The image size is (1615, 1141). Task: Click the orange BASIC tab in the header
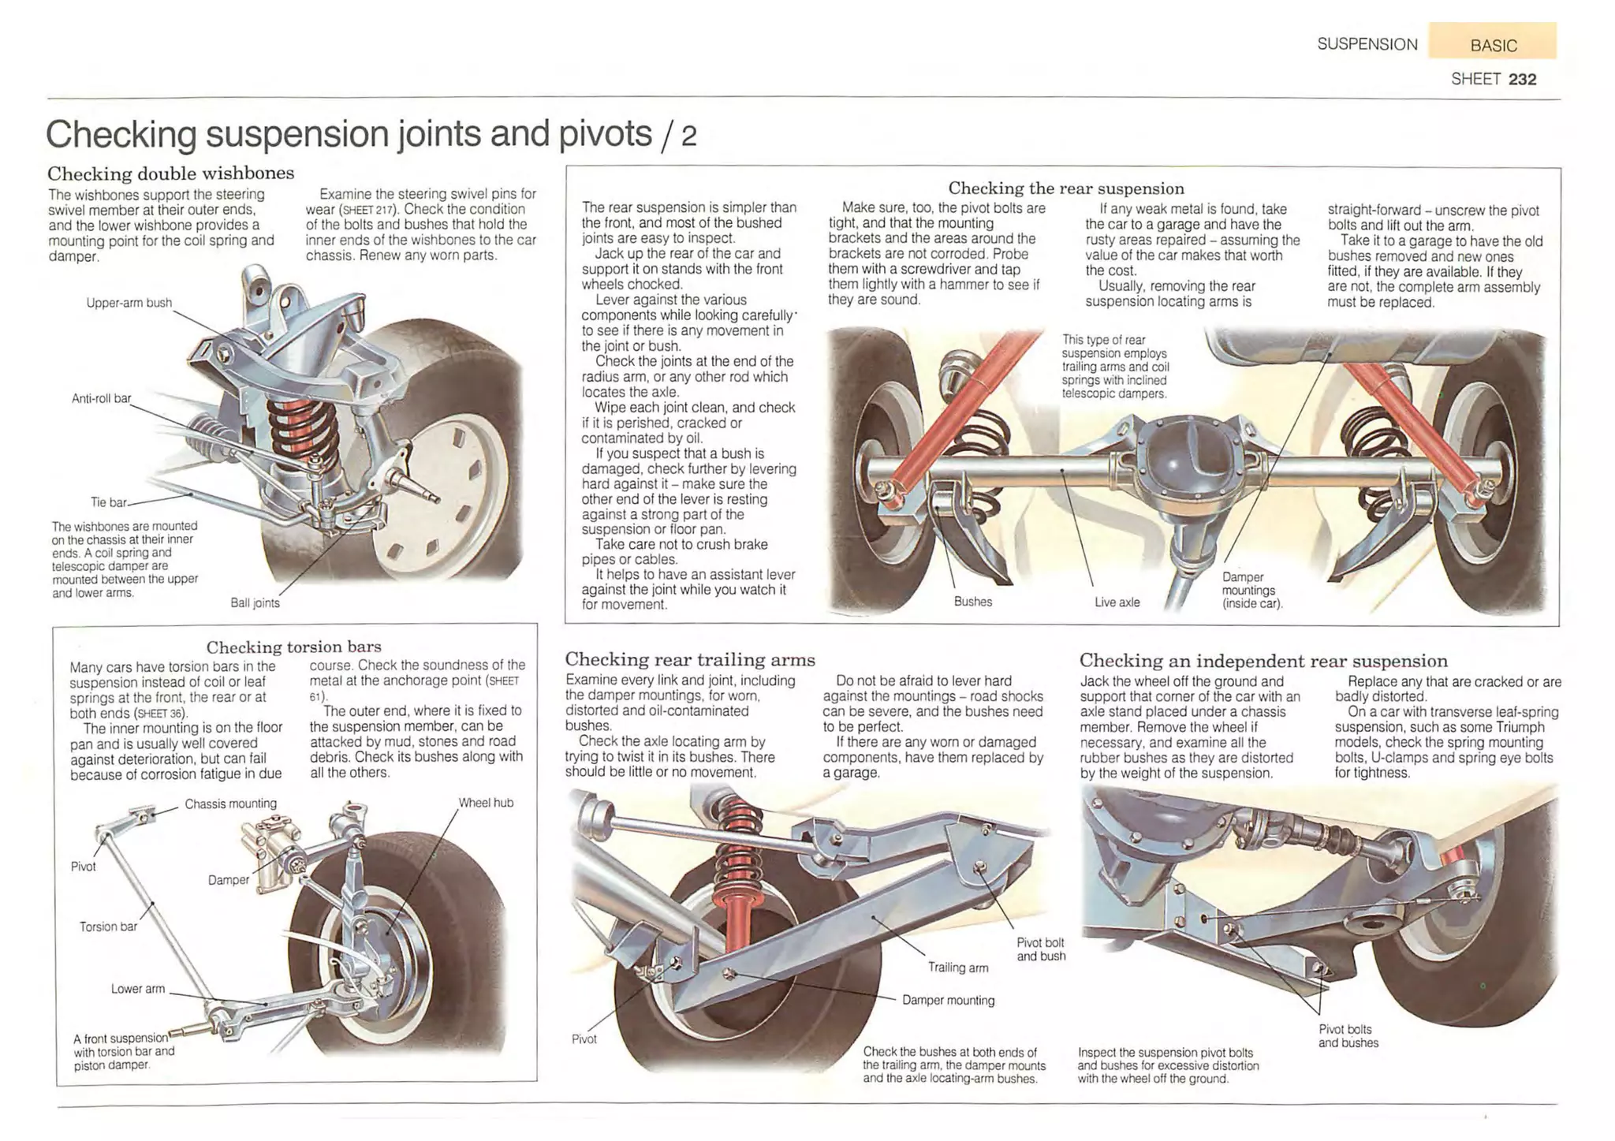1492,44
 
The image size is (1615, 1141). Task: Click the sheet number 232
1522,79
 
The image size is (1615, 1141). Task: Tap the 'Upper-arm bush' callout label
129,303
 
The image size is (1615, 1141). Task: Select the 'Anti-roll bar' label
101,398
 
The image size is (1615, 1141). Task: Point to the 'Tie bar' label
108,502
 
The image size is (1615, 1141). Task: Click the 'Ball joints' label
255,603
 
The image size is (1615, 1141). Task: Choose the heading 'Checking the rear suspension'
1065,188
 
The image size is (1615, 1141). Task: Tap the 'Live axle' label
1117,602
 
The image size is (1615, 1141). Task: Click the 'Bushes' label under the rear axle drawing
972,602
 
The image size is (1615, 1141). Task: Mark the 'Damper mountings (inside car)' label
1251,591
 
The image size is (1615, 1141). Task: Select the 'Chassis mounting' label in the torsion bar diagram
230,804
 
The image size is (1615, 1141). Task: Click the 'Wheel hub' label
486,803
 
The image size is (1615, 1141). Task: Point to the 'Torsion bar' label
108,927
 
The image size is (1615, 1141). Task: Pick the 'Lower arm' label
138,989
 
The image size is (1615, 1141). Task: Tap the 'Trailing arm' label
957,968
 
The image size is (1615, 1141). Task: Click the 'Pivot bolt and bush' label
1040,949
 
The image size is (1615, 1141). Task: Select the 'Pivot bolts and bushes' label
1348,1036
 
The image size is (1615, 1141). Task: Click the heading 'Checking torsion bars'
293,647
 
